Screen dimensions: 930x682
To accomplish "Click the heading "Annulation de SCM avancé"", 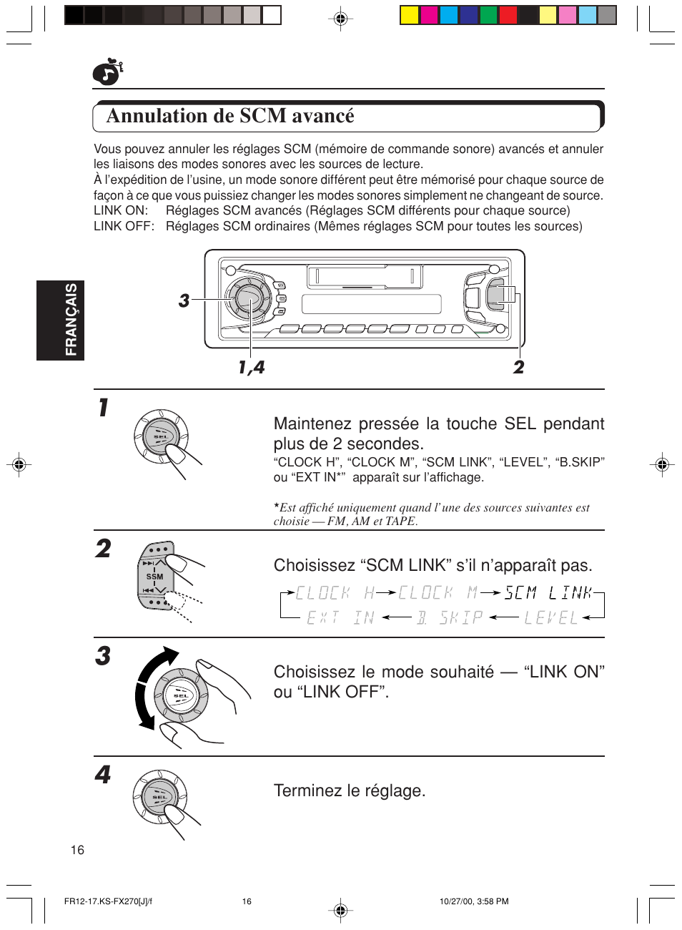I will (229, 116).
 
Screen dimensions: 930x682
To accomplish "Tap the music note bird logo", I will (107, 72).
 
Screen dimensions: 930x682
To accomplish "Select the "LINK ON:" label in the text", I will (120, 210).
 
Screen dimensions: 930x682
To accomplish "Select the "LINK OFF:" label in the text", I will (123, 226).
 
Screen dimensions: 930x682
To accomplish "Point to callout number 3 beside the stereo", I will (184, 300).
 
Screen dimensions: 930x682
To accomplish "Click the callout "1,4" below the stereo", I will (251, 367).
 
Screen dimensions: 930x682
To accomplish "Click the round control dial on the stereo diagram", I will (248, 298).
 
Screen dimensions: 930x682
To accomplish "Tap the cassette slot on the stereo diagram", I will (365, 276).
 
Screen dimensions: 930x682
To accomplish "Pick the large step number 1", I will (104, 408).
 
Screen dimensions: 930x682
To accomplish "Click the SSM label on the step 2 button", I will (154, 577).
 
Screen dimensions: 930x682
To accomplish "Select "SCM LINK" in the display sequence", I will (548, 593).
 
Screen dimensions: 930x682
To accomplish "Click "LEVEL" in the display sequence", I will (550, 617).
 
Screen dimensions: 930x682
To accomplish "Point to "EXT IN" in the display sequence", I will (340, 617).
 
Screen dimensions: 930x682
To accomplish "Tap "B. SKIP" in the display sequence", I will (450, 617).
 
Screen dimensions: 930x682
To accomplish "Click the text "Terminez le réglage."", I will (349, 790).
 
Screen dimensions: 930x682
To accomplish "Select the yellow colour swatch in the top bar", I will (410, 15).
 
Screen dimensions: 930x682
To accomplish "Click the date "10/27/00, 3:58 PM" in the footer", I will (473, 901).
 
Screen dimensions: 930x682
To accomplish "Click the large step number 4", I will (103, 774).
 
